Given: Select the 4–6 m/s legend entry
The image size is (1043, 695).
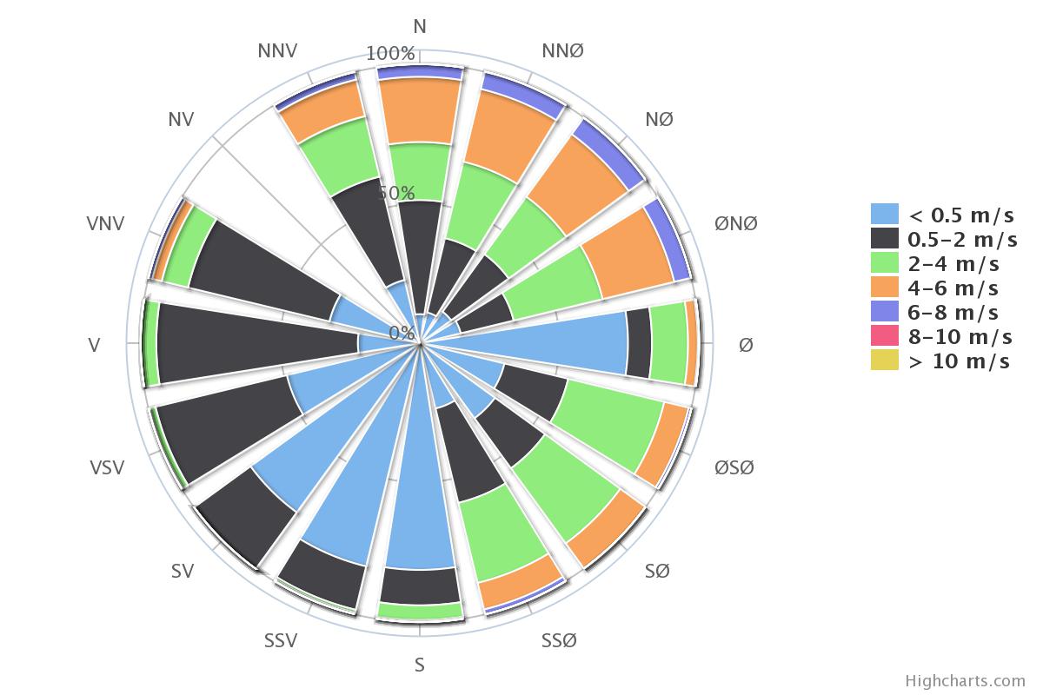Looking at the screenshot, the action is tap(935, 288).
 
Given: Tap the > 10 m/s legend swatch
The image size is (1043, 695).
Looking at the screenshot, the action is tap(885, 360).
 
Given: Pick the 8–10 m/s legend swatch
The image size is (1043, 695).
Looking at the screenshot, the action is tap(885, 335).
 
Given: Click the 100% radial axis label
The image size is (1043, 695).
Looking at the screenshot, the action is tap(390, 54).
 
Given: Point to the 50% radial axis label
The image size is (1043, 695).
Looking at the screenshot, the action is tap(395, 193).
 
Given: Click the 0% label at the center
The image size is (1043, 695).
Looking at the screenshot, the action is tap(402, 333).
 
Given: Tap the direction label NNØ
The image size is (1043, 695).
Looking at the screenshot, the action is tap(562, 50).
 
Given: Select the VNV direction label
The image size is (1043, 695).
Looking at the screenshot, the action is tap(105, 223).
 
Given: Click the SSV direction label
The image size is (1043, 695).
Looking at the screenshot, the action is tap(280, 640).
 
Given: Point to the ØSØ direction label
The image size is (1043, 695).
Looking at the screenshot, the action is tap(734, 467).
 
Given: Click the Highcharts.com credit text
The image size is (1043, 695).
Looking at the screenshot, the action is tap(965, 680).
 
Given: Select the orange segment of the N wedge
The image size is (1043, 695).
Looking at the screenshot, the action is tap(420, 111).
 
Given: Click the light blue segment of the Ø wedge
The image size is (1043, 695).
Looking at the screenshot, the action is tap(526, 343).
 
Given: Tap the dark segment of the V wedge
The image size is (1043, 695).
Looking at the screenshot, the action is tap(257, 343).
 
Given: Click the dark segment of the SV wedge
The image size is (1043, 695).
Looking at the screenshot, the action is tap(245, 517).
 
